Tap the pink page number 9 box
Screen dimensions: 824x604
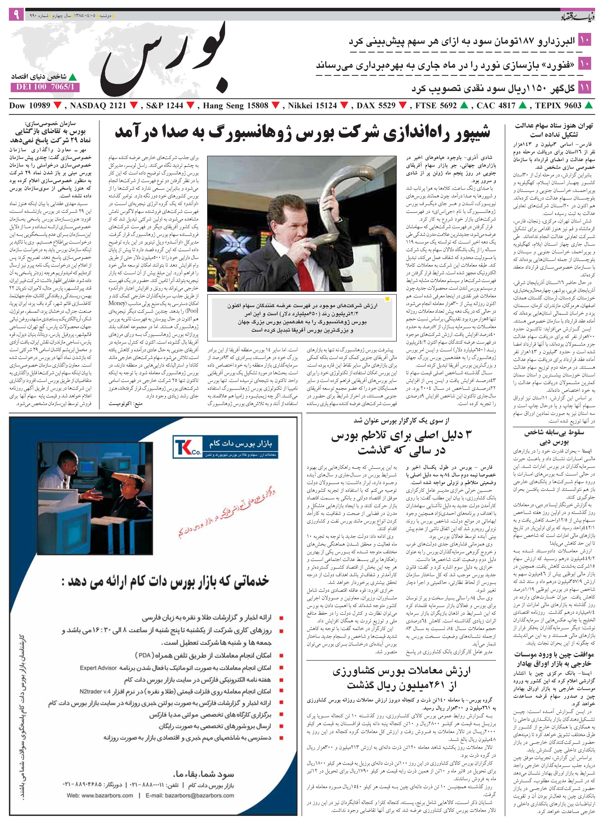[x=16, y=15]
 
